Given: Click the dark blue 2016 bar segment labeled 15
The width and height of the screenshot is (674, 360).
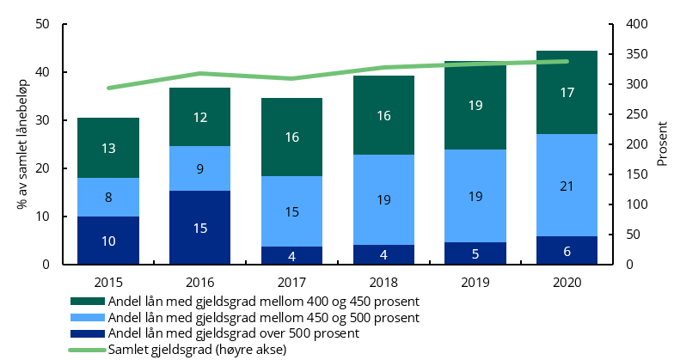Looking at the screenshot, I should coord(199,228).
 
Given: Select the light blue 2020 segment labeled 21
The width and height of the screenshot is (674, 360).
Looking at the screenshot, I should coord(567,185).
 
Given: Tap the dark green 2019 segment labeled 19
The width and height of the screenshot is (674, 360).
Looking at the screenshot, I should coord(475,106).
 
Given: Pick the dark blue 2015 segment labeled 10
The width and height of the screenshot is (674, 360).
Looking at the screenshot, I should coord(108,241).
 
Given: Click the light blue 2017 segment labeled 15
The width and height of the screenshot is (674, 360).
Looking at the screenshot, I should coord(291,211).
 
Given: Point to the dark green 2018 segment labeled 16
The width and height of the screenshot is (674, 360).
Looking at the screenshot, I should coord(383,115).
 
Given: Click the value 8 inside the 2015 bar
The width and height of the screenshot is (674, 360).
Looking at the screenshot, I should coord(108,198).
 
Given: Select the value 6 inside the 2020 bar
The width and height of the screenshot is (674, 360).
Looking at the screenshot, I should coord(567,251).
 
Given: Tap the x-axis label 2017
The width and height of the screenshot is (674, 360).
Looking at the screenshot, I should coord(291,281).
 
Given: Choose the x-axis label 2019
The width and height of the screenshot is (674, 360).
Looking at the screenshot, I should coord(475,281).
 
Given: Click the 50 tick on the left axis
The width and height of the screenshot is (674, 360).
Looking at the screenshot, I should coord(41,24).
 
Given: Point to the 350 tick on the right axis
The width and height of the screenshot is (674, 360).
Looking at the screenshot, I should coord(634,54).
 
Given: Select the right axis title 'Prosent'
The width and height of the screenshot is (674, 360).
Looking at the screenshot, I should coord(662,144).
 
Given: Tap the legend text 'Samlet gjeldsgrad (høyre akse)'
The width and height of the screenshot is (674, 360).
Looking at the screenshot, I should coord(197,349).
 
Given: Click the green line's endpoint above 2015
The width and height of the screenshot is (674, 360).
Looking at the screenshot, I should coord(108,88).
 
